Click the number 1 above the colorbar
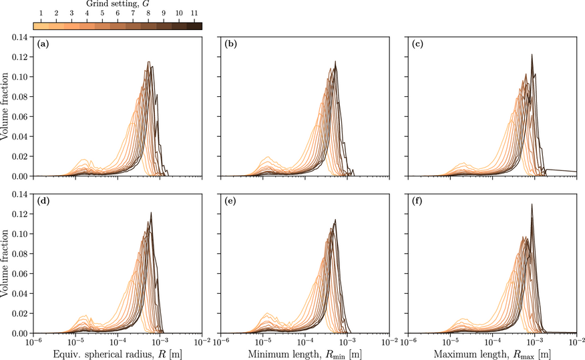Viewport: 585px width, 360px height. [x=41, y=15]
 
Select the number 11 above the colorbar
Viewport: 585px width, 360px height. [x=195, y=15]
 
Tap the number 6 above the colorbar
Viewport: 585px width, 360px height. [x=118, y=15]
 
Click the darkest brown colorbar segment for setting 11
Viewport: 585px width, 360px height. [x=195, y=25]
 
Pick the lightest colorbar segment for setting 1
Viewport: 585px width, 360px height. [x=41, y=25]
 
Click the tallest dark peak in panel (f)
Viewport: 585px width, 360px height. [x=532, y=205]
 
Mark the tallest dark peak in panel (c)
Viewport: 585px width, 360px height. [x=532, y=55]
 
